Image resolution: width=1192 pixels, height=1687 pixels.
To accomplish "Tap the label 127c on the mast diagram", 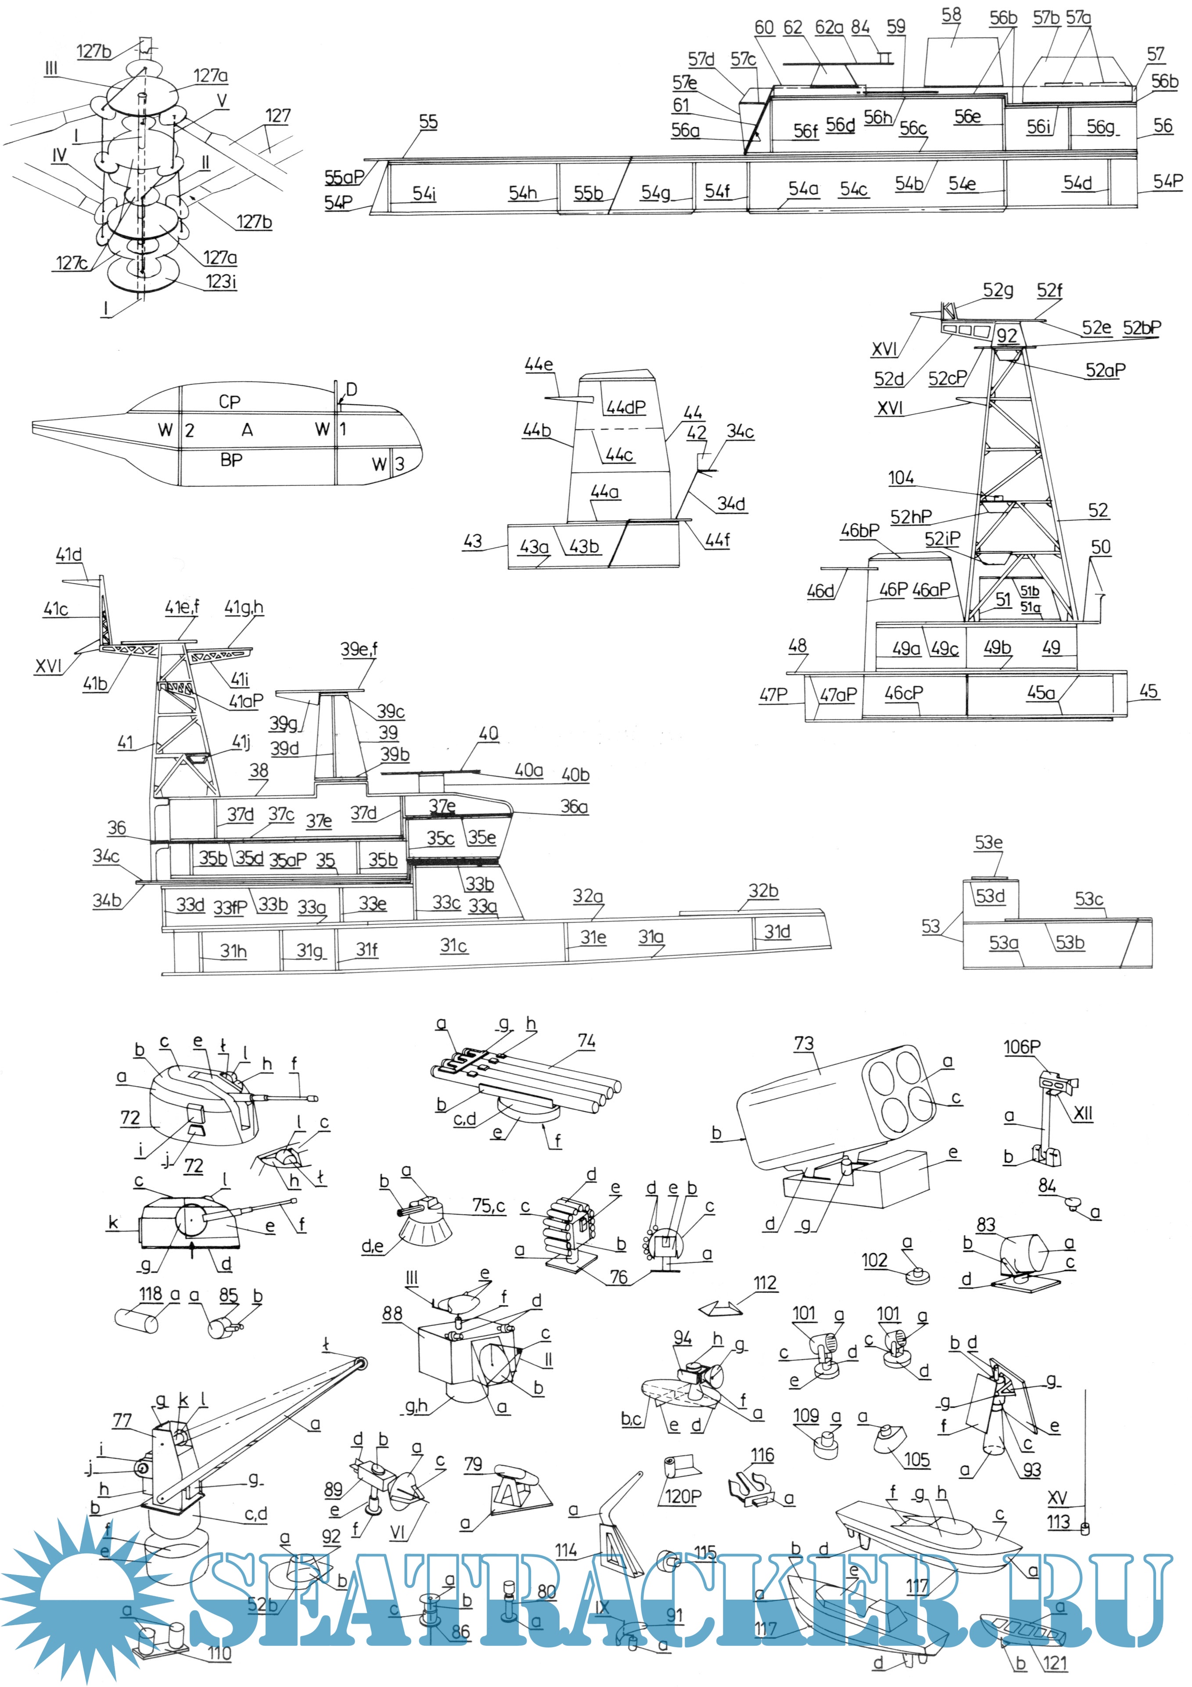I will (71, 262).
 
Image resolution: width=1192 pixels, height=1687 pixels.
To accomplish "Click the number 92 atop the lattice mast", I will (1007, 336).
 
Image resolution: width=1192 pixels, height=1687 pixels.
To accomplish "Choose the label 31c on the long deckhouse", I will (453, 946).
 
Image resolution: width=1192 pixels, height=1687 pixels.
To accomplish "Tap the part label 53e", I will (988, 842).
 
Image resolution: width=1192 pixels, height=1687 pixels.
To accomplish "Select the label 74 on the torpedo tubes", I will (586, 1041).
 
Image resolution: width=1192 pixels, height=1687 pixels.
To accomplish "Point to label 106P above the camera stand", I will (1022, 1046).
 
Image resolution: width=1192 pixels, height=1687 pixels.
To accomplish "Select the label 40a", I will (528, 770).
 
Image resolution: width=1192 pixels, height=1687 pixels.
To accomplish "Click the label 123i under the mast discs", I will (220, 281).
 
